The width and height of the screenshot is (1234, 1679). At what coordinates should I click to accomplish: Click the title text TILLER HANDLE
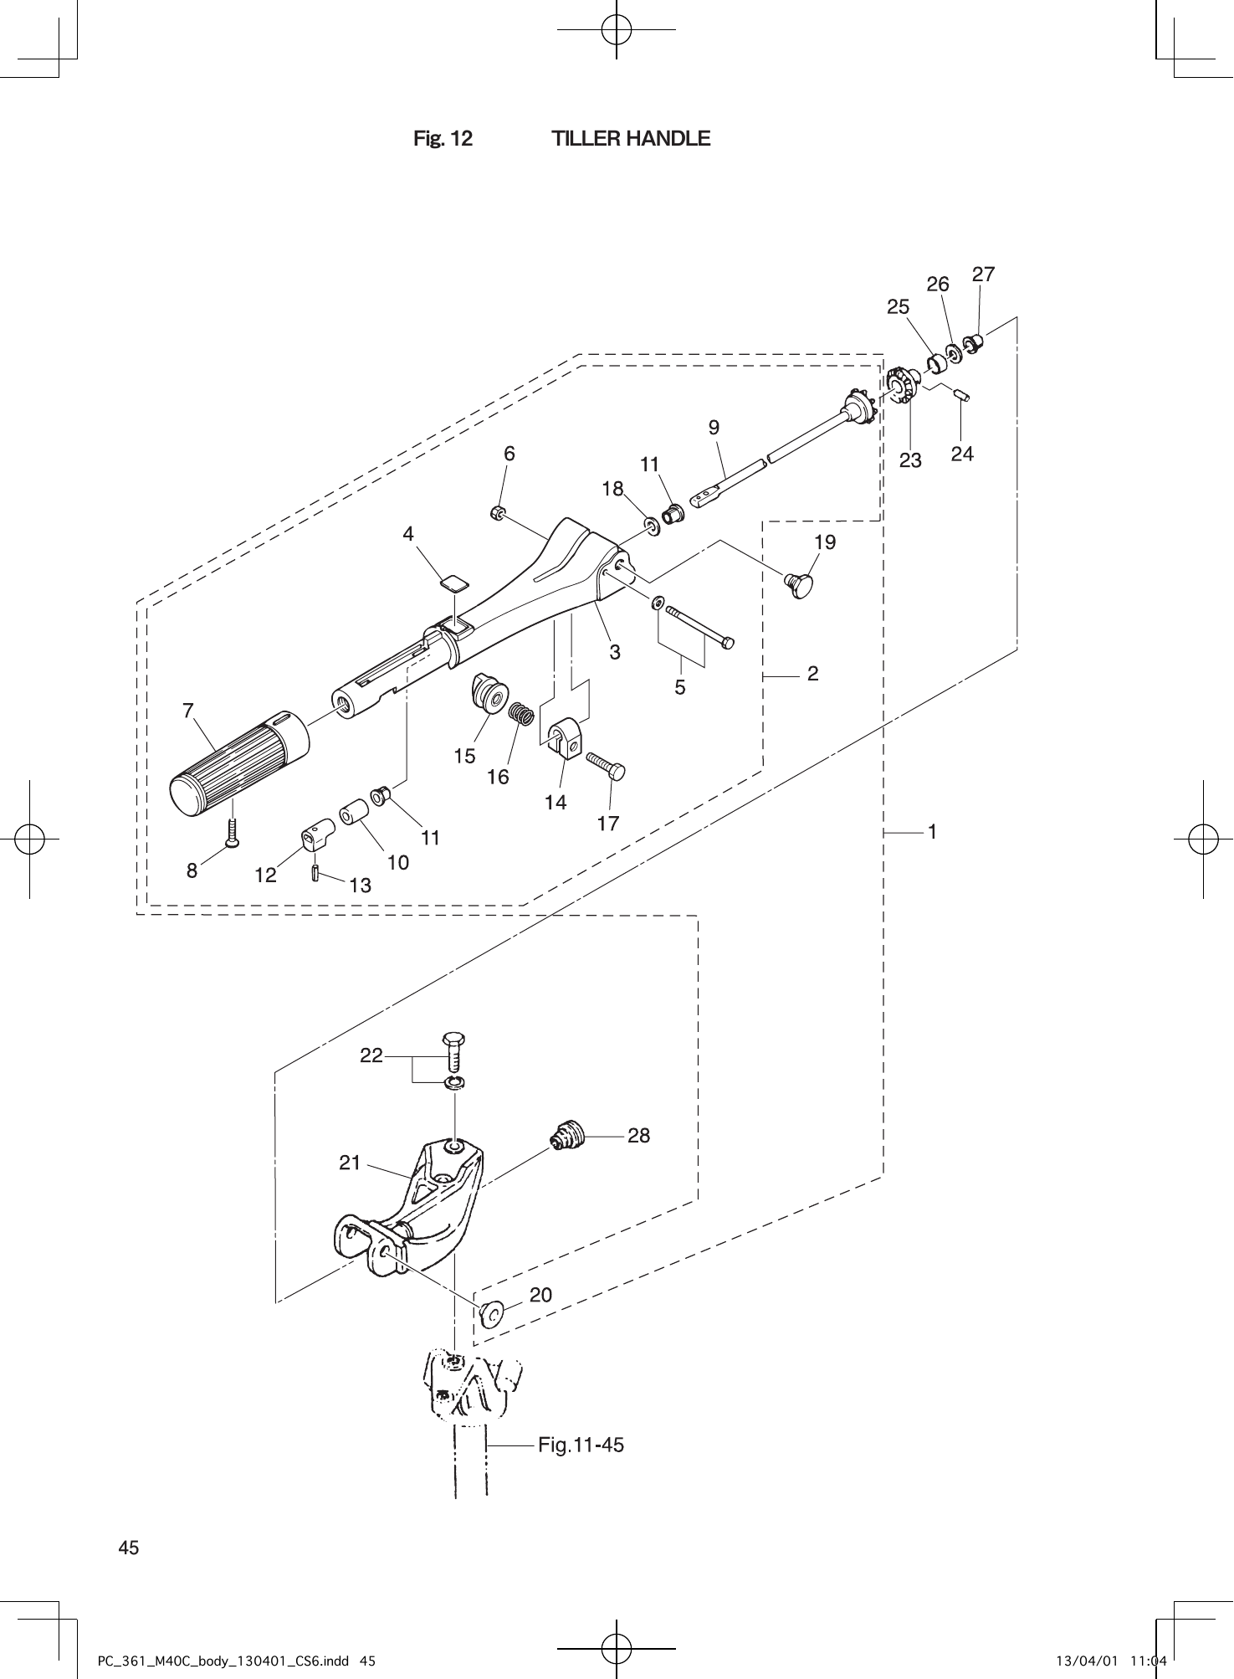point(631,138)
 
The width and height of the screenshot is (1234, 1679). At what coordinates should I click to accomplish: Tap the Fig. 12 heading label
point(443,138)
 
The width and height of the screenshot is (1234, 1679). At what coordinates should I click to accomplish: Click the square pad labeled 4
point(454,582)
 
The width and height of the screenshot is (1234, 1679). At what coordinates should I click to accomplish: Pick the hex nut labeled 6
point(496,512)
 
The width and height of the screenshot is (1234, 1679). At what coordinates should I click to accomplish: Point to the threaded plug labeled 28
point(568,1137)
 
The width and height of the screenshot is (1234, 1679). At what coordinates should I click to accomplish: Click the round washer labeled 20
point(490,1314)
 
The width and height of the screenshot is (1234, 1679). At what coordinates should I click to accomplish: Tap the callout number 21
point(350,1163)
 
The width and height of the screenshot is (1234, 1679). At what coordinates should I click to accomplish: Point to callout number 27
point(983,275)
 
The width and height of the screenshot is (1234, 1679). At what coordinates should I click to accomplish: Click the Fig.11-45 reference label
point(581,1445)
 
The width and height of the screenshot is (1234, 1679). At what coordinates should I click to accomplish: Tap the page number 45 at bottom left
point(129,1548)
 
